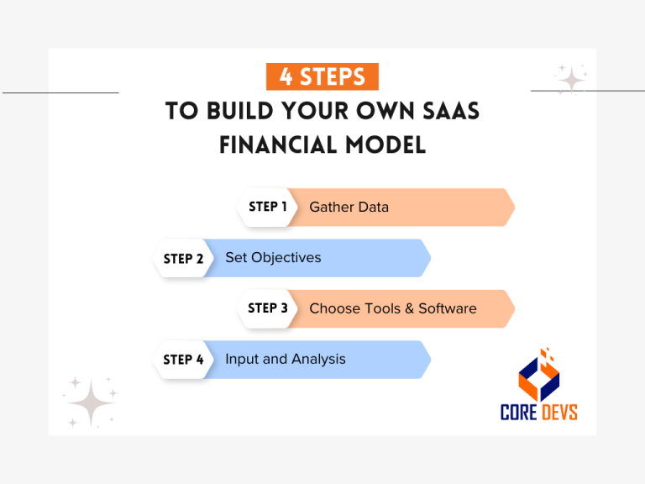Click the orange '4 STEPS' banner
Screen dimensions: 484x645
[x=322, y=76]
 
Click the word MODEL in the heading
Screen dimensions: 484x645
[x=383, y=145]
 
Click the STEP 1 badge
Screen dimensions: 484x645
[x=268, y=207]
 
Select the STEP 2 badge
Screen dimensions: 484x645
[x=183, y=258]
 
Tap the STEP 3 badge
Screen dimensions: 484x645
[x=268, y=308]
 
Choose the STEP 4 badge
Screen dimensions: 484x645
[x=183, y=360]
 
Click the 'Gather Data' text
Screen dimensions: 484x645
[x=349, y=207]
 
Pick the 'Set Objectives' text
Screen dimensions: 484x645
[x=273, y=257]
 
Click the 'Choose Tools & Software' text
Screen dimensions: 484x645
[x=392, y=308]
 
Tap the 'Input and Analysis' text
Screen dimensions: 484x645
[x=285, y=359]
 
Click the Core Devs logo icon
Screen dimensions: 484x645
[x=537, y=375]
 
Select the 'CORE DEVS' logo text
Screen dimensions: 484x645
[x=538, y=412]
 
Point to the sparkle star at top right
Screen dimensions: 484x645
[x=571, y=80]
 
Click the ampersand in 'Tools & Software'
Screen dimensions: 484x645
[x=408, y=308]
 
